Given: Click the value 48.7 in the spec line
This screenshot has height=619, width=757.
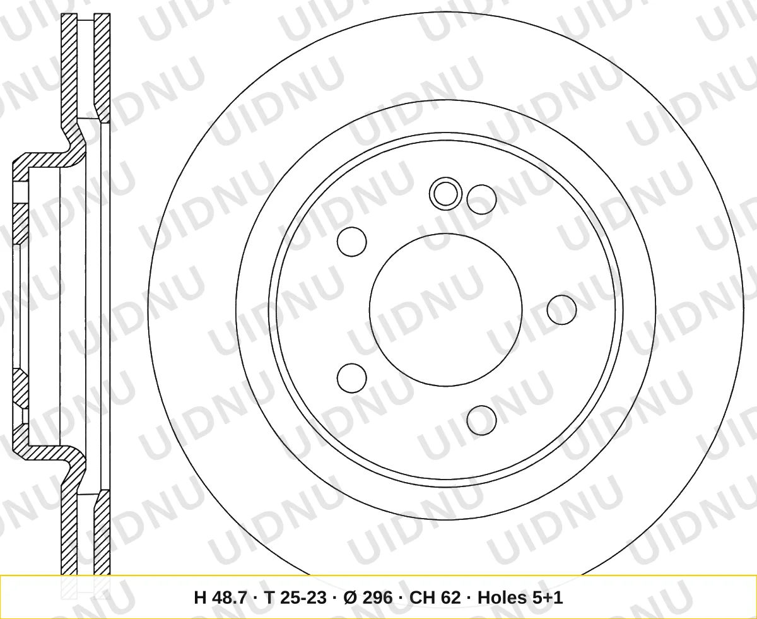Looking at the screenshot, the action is pos(230,598).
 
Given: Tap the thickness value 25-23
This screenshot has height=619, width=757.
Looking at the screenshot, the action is pos(303,598).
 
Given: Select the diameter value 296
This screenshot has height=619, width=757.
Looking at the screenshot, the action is pos(378,598).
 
